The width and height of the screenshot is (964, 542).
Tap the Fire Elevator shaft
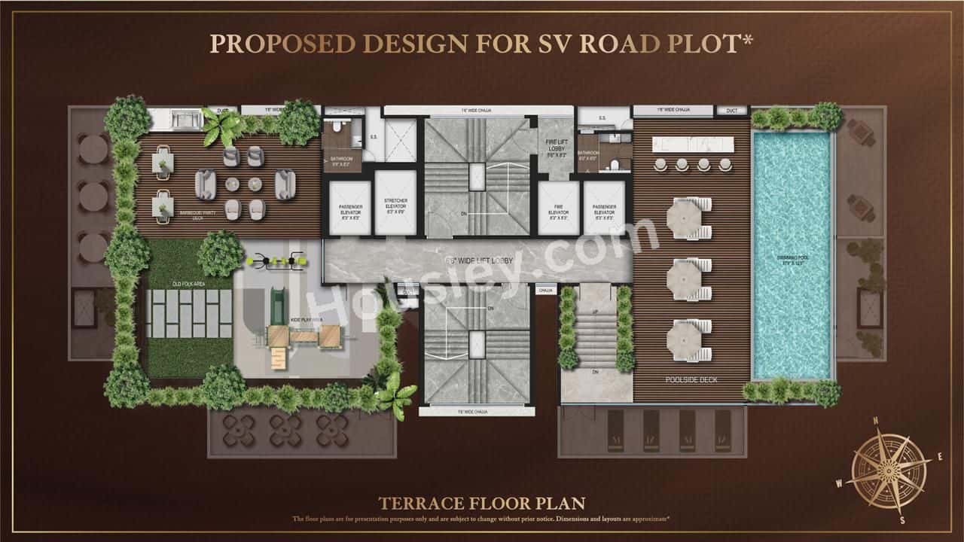558,209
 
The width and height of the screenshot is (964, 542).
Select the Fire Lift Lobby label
557,149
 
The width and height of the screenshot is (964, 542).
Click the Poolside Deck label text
691,380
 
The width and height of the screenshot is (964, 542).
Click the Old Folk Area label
189,283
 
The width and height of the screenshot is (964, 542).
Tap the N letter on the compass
875,421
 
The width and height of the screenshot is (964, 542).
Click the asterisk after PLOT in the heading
748,40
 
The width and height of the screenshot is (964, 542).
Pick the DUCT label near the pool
732,110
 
